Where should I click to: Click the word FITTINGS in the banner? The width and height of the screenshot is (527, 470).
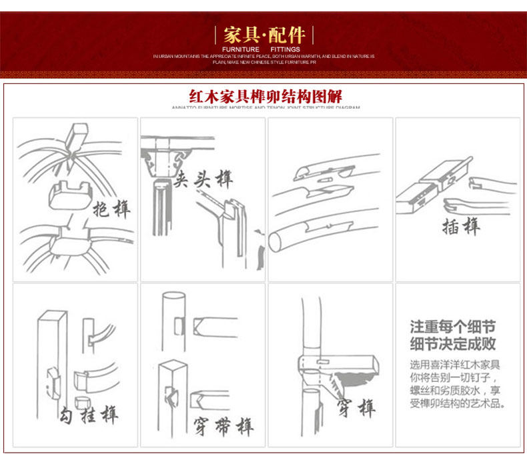click(286, 49)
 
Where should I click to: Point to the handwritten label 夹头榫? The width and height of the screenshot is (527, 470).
click(203, 179)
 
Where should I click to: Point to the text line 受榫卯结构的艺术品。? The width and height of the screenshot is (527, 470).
click(456, 404)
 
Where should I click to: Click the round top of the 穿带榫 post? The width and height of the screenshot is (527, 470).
click(173, 297)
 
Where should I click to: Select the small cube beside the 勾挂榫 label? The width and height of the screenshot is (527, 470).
click(83, 403)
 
